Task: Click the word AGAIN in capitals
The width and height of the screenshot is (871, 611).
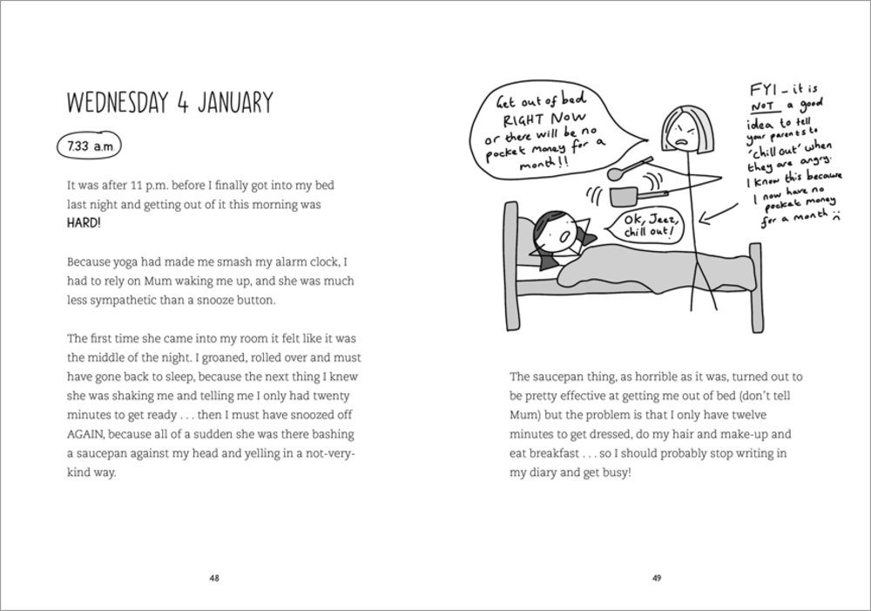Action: (86, 433)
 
